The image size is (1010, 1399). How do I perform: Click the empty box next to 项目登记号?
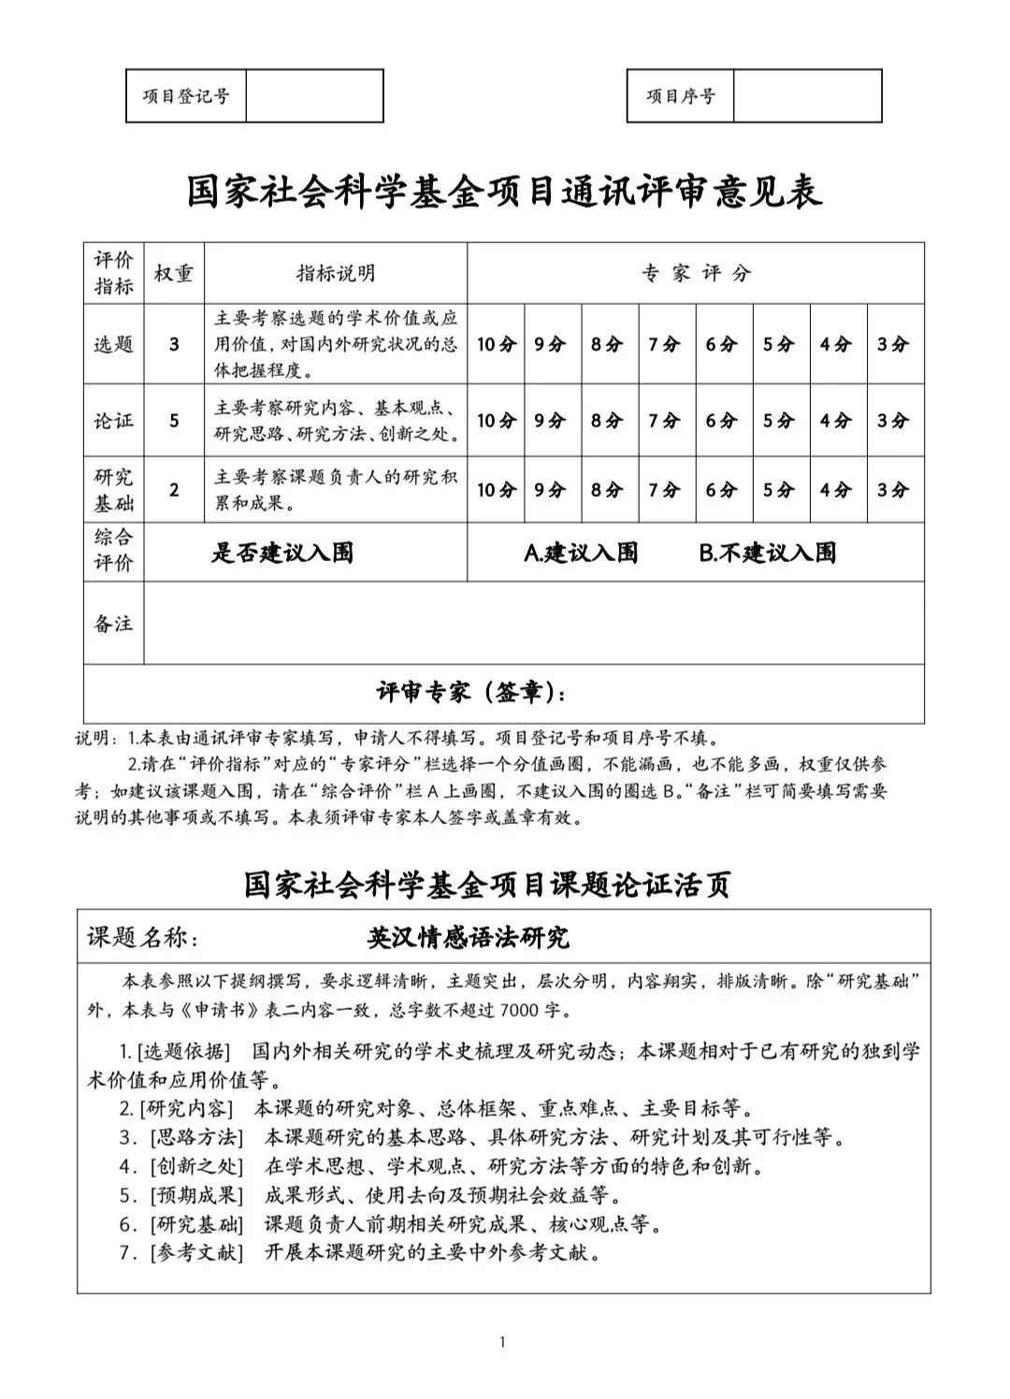click(x=314, y=95)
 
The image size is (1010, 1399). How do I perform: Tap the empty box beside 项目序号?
click(x=807, y=95)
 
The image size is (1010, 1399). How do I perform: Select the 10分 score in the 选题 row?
click(x=496, y=344)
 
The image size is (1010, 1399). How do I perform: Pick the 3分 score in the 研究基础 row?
click(x=893, y=489)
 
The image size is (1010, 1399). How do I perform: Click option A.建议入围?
click(x=581, y=553)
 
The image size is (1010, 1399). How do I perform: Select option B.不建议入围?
click(x=767, y=553)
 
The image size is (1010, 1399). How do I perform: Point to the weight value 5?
click(x=174, y=421)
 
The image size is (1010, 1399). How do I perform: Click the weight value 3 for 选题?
click(x=174, y=344)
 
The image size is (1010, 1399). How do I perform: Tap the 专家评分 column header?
click(x=696, y=273)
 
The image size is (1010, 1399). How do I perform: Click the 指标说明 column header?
click(x=336, y=273)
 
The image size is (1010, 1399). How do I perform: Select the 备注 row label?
click(x=113, y=624)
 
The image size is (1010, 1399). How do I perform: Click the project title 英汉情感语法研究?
click(x=468, y=937)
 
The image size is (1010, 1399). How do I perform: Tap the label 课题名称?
click(x=142, y=937)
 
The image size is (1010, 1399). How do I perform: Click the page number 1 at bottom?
click(x=503, y=1343)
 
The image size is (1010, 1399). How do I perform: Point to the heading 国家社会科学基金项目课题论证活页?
click(x=487, y=884)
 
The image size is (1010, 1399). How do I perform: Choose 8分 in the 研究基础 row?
click(x=606, y=489)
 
